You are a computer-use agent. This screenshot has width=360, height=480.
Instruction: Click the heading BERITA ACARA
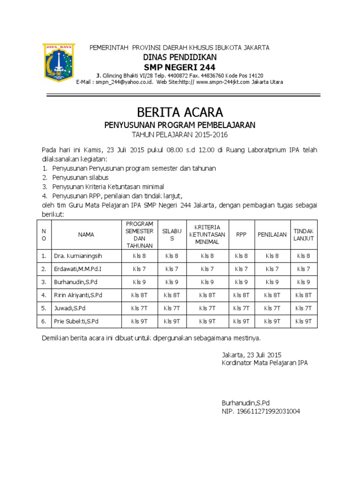click(180, 112)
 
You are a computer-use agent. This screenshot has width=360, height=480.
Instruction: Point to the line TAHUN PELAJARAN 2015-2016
click(180, 135)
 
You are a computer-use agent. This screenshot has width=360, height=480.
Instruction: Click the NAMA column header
click(86, 235)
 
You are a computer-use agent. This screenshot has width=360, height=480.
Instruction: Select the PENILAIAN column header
click(272, 235)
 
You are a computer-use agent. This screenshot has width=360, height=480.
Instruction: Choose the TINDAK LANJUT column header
click(304, 235)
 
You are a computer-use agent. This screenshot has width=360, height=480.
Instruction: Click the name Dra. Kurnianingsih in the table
click(78, 256)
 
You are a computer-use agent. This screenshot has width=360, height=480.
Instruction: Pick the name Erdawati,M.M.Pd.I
click(78, 269)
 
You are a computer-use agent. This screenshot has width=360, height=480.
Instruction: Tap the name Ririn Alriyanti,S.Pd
click(78, 295)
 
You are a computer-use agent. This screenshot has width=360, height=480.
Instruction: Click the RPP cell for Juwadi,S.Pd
click(241, 308)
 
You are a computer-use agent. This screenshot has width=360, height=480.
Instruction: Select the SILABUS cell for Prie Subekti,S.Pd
click(172, 322)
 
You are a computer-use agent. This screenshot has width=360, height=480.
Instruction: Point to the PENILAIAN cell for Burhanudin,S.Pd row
click(272, 282)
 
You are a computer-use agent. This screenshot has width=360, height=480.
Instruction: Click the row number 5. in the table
click(44, 308)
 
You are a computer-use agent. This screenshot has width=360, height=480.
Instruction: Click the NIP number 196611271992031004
click(261, 412)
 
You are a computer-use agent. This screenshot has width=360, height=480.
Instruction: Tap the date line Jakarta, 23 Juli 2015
click(251, 355)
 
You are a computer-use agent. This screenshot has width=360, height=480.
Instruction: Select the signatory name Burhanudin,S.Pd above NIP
click(246, 403)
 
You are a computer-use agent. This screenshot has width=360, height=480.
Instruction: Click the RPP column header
click(241, 235)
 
